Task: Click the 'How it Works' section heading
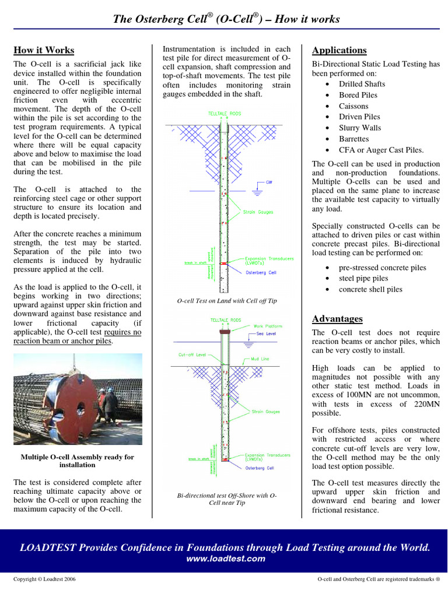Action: (x=44, y=50)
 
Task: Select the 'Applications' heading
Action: (x=339, y=50)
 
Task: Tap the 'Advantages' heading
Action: (x=337, y=319)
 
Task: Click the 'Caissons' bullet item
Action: (x=353, y=106)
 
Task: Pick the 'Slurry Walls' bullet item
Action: (x=360, y=128)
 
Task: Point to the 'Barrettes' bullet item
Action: (x=354, y=139)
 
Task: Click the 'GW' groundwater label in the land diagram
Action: (x=269, y=182)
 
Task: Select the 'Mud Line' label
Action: (x=261, y=359)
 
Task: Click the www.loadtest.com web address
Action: (x=225, y=559)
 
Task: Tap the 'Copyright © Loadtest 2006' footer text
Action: (x=44, y=580)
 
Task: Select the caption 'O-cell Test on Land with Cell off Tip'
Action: (x=227, y=301)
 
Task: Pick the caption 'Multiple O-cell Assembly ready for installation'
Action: (x=77, y=461)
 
